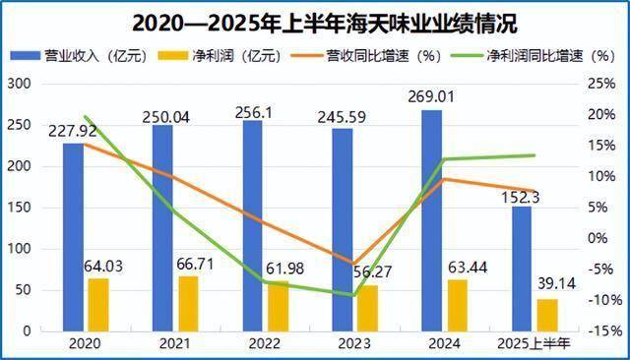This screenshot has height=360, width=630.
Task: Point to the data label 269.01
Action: (432, 96)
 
